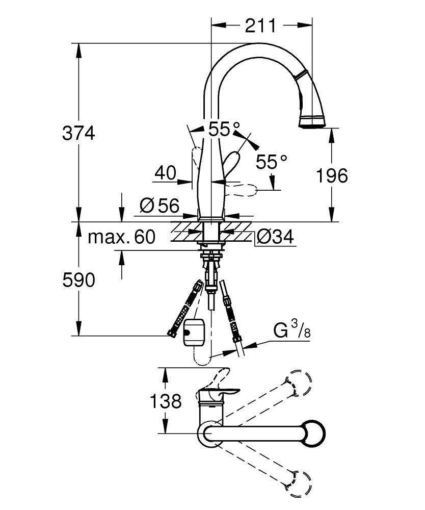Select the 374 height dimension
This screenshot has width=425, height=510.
(x=78, y=134)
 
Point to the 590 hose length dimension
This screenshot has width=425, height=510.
(x=78, y=279)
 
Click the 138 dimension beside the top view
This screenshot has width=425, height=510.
(x=165, y=401)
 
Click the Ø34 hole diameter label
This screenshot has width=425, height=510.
(x=275, y=237)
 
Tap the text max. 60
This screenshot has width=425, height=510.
(x=121, y=237)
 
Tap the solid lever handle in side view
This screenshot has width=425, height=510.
(x=232, y=166)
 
